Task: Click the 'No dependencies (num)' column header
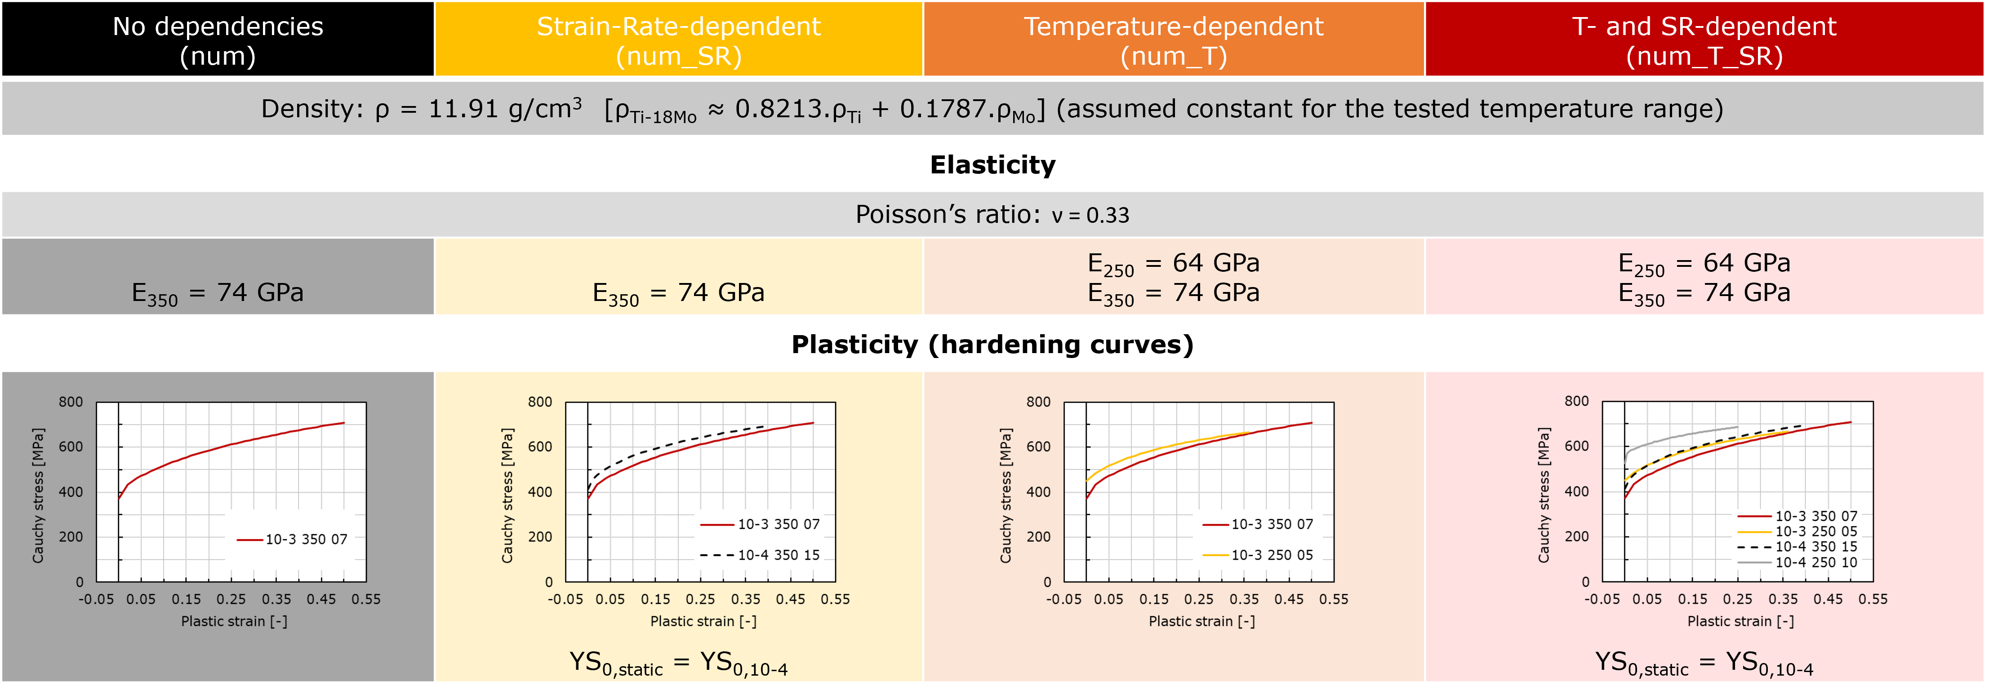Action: pyautogui.click(x=218, y=40)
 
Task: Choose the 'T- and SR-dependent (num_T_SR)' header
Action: pyautogui.click(x=1704, y=40)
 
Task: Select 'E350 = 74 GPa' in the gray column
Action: pyautogui.click(x=218, y=293)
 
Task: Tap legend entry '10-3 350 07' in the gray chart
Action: pyautogui.click(x=306, y=540)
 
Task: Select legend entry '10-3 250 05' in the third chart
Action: pyautogui.click(x=1271, y=555)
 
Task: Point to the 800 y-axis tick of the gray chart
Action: pyautogui.click(x=71, y=402)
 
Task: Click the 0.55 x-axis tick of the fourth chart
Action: pyautogui.click(x=1873, y=599)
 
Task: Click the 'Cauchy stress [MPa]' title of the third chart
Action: pyautogui.click(x=1006, y=495)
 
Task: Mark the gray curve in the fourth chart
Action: pyautogui.click(x=1683, y=437)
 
